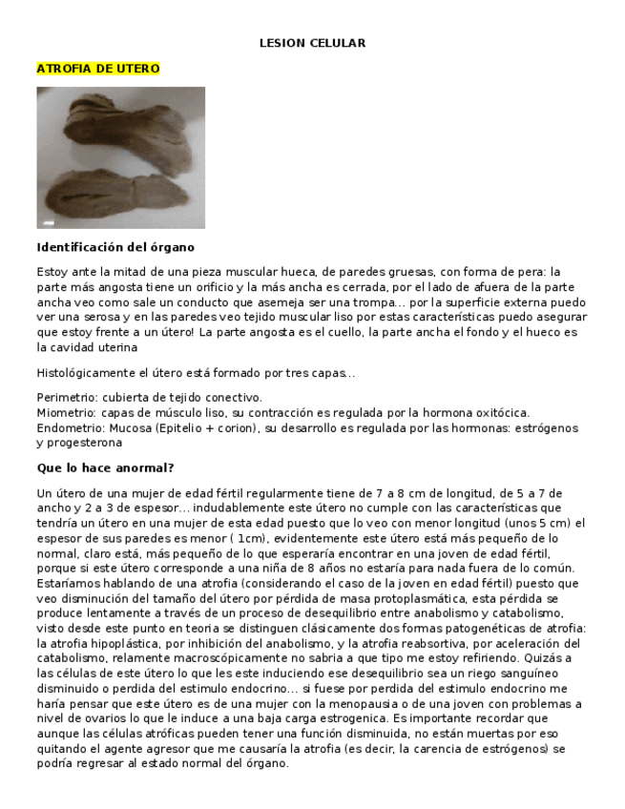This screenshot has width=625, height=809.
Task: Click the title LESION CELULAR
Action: coord(312,43)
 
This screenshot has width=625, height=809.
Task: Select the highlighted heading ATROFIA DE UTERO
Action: coord(97,69)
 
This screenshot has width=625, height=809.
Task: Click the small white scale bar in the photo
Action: coord(48,223)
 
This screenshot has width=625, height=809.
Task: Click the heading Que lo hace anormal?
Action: coord(105,468)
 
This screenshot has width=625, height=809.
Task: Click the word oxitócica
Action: coord(501,413)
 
